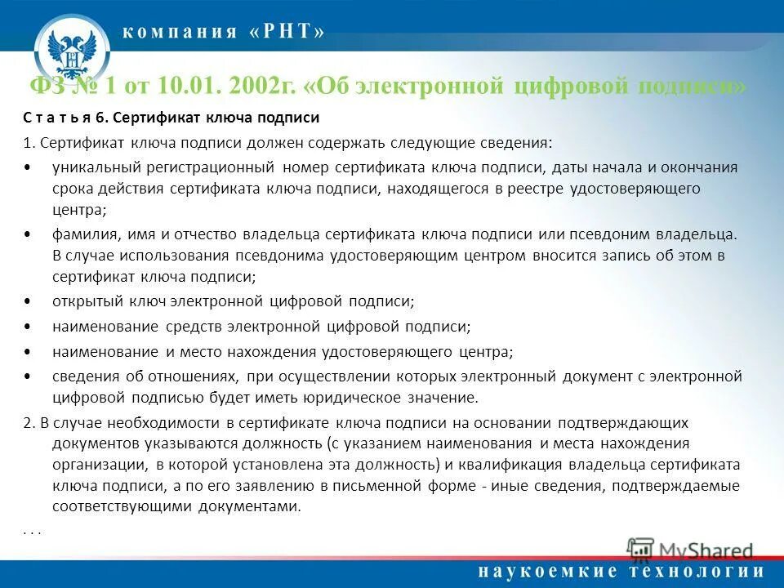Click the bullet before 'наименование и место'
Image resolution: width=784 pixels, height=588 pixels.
click(29, 353)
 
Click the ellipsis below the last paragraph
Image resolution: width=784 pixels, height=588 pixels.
click(32, 530)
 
